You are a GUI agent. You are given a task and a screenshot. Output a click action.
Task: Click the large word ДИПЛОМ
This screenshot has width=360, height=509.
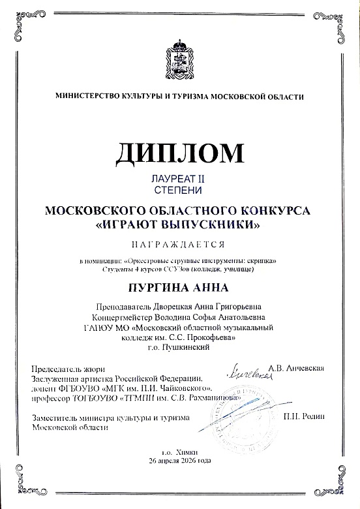(180, 152)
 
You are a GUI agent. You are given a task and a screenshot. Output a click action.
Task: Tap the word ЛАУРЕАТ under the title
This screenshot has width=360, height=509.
(170, 178)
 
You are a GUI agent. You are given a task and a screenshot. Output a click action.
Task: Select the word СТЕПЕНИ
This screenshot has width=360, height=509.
(179, 190)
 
